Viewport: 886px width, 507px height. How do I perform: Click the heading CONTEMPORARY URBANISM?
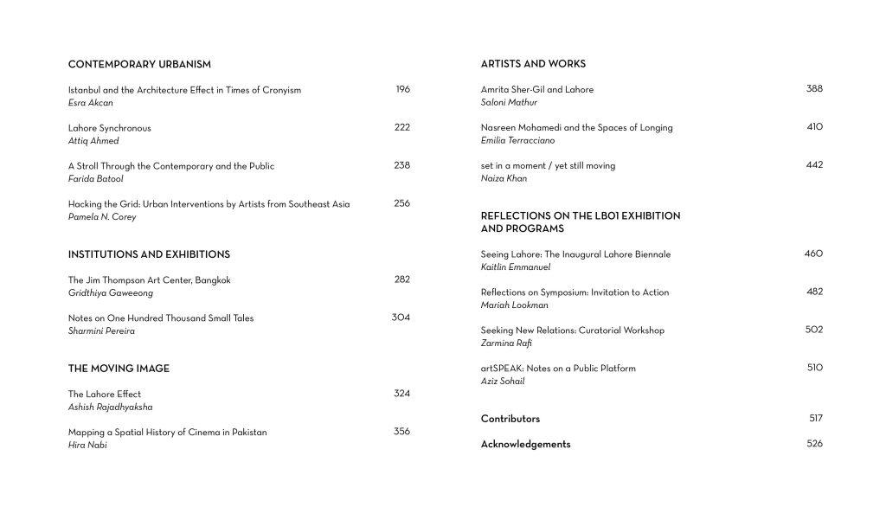click(x=139, y=64)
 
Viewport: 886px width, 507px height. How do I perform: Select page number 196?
click(x=402, y=89)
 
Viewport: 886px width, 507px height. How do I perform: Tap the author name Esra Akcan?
click(x=90, y=103)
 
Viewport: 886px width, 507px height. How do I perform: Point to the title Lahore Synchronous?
click(x=109, y=128)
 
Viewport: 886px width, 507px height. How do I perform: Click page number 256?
click(x=401, y=203)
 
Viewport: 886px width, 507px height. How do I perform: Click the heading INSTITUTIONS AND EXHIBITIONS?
click(x=149, y=254)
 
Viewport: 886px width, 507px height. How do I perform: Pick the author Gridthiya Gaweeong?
click(x=110, y=293)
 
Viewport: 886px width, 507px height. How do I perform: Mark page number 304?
click(x=401, y=318)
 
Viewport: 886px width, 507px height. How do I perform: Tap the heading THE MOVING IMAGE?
click(x=119, y=369)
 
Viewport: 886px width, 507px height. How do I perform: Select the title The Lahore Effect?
click(x=104, y=395)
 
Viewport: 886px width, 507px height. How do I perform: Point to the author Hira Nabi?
click(x=87, y=446)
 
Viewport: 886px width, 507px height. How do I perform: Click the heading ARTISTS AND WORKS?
click(x=533, y=64)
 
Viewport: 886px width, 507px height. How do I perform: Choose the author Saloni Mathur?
click(x=509, y=103)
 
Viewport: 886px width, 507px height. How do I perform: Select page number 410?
click(x=814, y=127)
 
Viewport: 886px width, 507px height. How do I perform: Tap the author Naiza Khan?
click(x=504, y=179)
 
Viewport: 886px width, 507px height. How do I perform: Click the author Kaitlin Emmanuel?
click(x=516, y=267)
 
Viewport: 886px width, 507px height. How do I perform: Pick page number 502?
click(x=814, y=330)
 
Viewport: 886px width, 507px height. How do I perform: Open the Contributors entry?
click(x=510, y=419)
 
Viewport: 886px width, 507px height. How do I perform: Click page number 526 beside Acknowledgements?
click(x=814, y=444)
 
